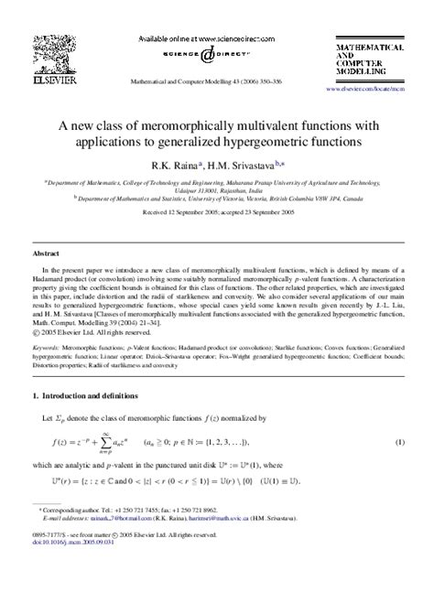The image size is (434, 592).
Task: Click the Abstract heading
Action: (x=47, y=251)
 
